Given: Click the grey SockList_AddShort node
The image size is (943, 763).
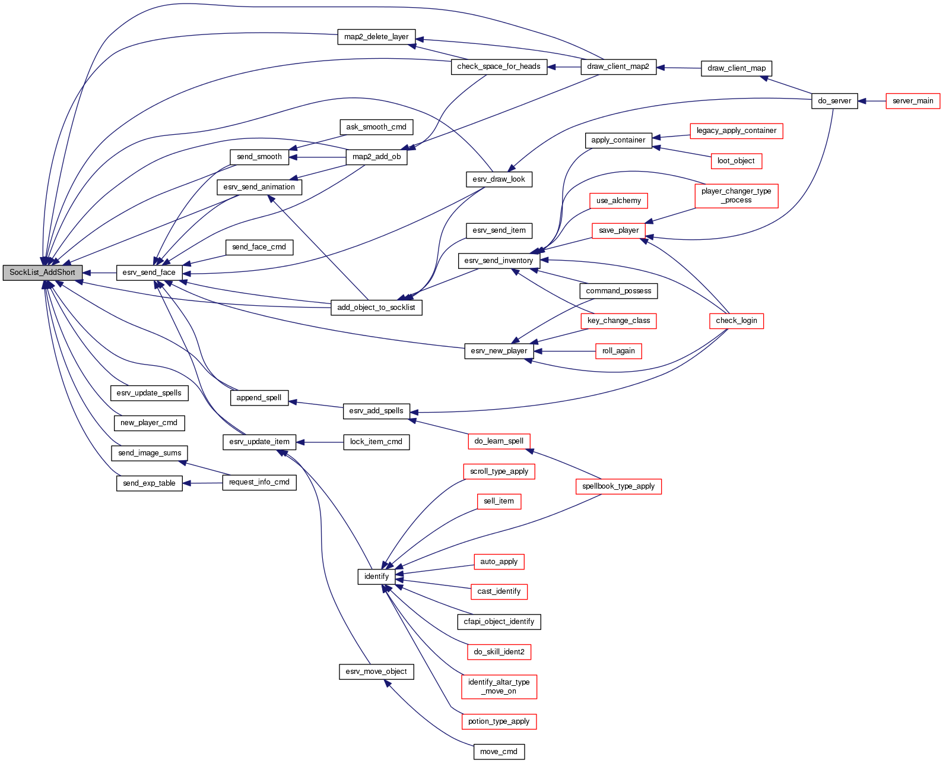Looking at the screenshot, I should (x=42, y=273).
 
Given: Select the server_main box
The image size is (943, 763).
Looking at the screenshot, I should (x=913, y=101).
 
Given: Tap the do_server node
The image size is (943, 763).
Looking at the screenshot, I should (x=834, y=101).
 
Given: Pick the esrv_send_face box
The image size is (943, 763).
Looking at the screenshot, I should (x=149, y=273).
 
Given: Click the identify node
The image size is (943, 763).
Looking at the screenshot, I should (x=376, y=577).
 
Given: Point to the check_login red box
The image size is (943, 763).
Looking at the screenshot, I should (x=736, y=321).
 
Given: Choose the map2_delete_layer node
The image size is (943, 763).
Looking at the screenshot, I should (x=376, y=37).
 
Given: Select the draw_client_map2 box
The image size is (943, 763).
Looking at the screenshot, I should (x=618, y=67).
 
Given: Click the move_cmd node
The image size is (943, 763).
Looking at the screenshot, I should (x=499, y=752).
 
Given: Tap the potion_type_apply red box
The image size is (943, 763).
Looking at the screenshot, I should (x=499, y=721).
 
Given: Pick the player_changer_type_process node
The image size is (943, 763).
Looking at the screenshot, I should (x=736, y=195).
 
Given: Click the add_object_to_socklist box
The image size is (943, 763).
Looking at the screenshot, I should (x=376, y=308).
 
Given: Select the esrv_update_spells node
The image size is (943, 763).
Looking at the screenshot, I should (x=149, y=393).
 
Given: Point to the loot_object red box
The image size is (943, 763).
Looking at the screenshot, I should (x=736, y=161).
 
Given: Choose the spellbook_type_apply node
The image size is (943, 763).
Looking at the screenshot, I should (x=618, y=486).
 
